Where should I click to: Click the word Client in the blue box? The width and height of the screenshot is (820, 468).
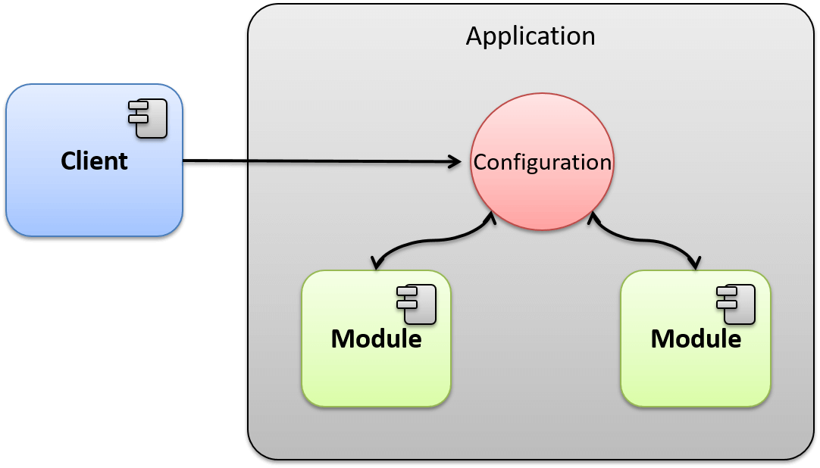coord(94,161)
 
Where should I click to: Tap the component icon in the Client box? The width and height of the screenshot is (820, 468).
coord(148,119)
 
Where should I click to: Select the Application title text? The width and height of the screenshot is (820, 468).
coord(530,36)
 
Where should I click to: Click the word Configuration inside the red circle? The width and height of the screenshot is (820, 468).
coord(542,162)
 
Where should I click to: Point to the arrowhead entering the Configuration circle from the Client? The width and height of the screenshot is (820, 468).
coord(455,161)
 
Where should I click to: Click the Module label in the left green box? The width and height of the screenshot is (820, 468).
coord(376,339)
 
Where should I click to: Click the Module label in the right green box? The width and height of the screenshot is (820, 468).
coord(696,339)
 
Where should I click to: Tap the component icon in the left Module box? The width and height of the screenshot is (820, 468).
coord(416,304)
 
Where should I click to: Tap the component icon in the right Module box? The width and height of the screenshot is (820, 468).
coord(735,304)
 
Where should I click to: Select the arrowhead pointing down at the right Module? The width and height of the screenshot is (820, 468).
coord(693,262)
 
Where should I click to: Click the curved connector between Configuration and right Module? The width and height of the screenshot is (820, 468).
coord(644,241)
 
